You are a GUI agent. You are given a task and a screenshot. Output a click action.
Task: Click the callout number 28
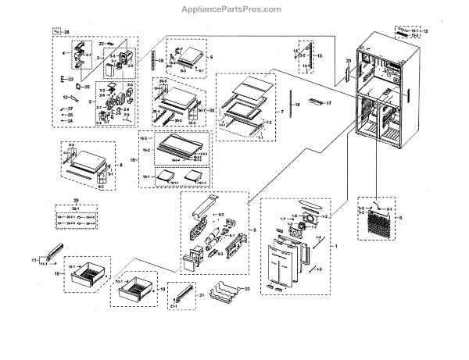66,32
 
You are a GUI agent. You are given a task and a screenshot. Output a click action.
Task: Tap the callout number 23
70,79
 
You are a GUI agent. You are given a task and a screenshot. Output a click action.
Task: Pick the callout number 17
328,102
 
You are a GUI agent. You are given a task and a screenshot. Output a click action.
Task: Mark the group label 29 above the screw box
75,201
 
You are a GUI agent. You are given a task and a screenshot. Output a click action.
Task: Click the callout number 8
120,166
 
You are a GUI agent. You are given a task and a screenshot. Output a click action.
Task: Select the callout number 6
211,57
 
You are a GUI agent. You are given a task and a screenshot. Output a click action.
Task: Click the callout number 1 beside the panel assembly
336,246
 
